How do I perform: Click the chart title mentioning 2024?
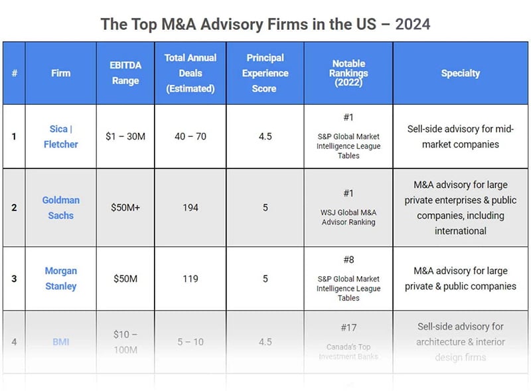point(265,25)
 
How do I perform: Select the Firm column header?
point(60,73)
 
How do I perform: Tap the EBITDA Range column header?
point(125,73)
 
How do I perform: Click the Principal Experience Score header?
point(264,73)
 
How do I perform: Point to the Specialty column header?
point(460,73)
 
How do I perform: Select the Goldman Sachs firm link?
point(61,207)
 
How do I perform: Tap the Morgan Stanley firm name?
point(61,278)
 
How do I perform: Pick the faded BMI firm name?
point(61,342)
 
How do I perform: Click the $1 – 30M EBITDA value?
point(125,136)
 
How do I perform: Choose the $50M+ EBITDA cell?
point(125,207)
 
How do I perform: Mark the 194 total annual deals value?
point(190,207)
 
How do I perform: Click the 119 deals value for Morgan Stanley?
point(190,279)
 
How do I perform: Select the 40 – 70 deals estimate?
point(190,136)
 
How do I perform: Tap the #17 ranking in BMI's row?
point(348,327)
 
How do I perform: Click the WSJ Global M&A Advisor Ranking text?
point(348,217)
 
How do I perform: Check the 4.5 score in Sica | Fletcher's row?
point(264,136)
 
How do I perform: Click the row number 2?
point(14,207)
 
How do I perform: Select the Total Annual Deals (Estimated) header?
point(190,73)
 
